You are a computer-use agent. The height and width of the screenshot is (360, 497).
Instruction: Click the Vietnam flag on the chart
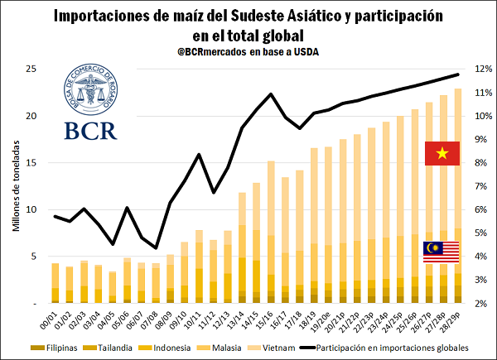coord(442,153)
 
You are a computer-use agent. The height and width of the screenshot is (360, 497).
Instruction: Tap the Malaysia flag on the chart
coord(442,252)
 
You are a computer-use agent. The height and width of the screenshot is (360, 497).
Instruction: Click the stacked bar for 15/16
coord(271,232)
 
